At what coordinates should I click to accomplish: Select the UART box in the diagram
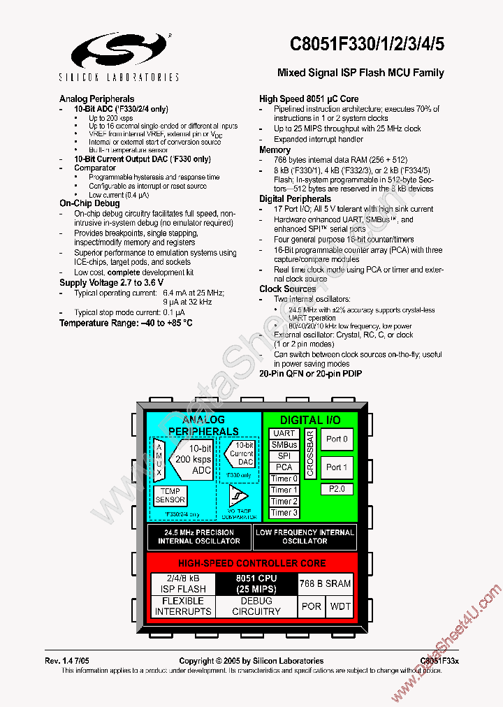284,433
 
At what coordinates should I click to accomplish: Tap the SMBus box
284,444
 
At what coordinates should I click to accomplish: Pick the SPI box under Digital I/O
284,455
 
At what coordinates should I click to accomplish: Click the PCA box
284,467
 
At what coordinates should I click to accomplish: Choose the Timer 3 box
284,512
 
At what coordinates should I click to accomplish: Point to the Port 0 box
337,439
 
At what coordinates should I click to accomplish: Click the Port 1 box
337,467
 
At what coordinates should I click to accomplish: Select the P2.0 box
337,489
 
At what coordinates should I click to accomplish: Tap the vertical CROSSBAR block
311,453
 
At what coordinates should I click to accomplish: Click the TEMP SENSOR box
170,495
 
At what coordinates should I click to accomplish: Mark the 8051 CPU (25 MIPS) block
256,583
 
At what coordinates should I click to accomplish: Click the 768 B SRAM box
325,583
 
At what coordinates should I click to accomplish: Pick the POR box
312,606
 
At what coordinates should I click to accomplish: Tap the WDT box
340,606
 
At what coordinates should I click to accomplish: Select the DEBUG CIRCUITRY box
256,606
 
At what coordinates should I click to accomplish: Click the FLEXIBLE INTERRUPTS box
183,606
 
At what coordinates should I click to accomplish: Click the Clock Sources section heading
288,289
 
